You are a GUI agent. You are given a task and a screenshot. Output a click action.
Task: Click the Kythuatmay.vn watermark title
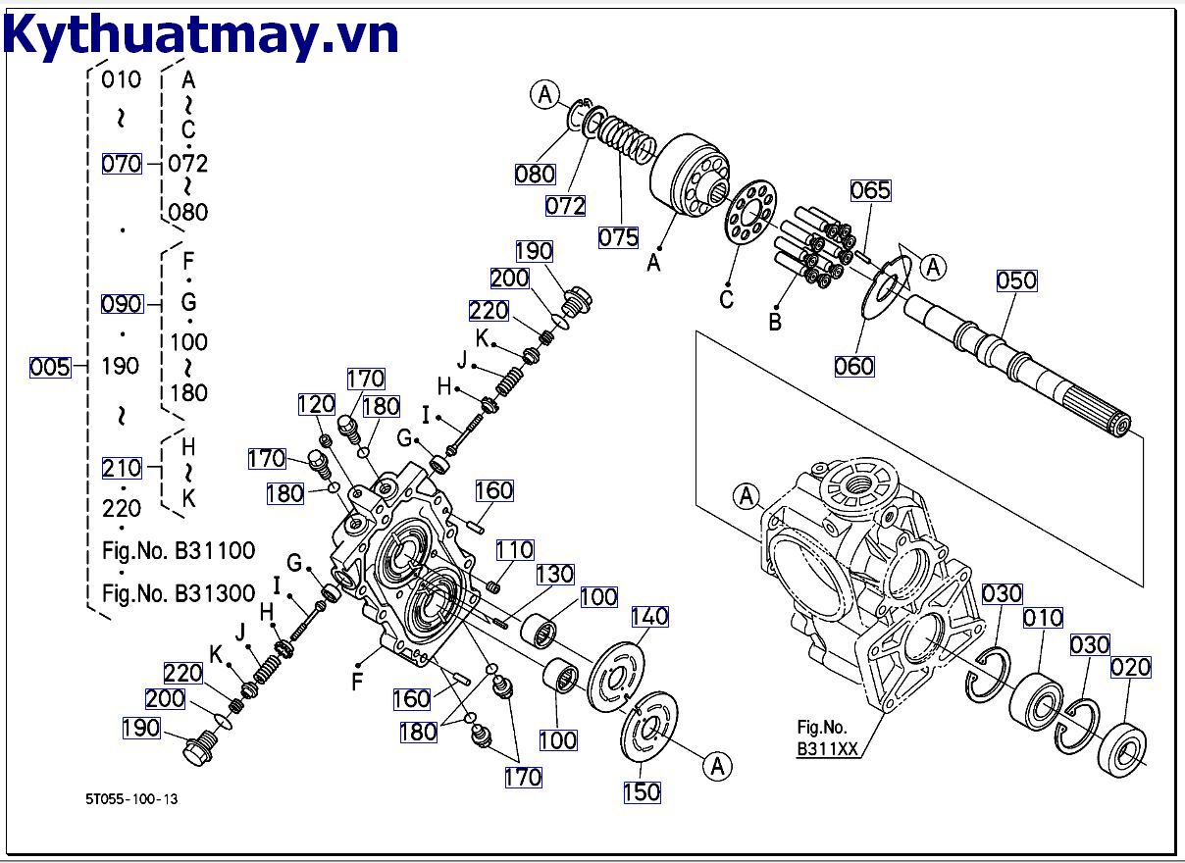(201, 35)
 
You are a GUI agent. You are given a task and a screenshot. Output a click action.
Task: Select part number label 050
(1016, 281)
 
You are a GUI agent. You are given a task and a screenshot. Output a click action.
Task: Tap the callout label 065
(870, 190)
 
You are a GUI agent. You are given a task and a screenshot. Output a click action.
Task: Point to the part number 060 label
(853, 366)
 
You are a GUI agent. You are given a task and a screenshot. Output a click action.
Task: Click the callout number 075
(619, 236)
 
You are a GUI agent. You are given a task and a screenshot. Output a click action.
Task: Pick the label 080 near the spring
(535, 175)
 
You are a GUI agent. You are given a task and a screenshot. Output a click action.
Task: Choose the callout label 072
(566, 205)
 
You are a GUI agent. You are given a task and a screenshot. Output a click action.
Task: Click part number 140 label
(648, 616)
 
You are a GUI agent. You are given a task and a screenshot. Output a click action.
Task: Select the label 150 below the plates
(643, 791)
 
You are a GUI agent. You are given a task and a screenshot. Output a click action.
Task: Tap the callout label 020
(1130, 668)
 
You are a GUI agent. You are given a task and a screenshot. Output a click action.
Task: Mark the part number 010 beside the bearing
(1043, 619)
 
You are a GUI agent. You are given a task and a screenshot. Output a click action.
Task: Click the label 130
(554, 574)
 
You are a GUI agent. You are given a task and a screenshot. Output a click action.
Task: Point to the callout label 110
(514, 551)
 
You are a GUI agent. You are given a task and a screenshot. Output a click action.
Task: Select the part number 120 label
(316, 405)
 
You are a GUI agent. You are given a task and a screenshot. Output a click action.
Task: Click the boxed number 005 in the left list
(50, 367)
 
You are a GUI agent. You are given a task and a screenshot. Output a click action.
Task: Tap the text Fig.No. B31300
(179, 593)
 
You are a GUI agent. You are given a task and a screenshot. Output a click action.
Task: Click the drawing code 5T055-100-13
(131, 799)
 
